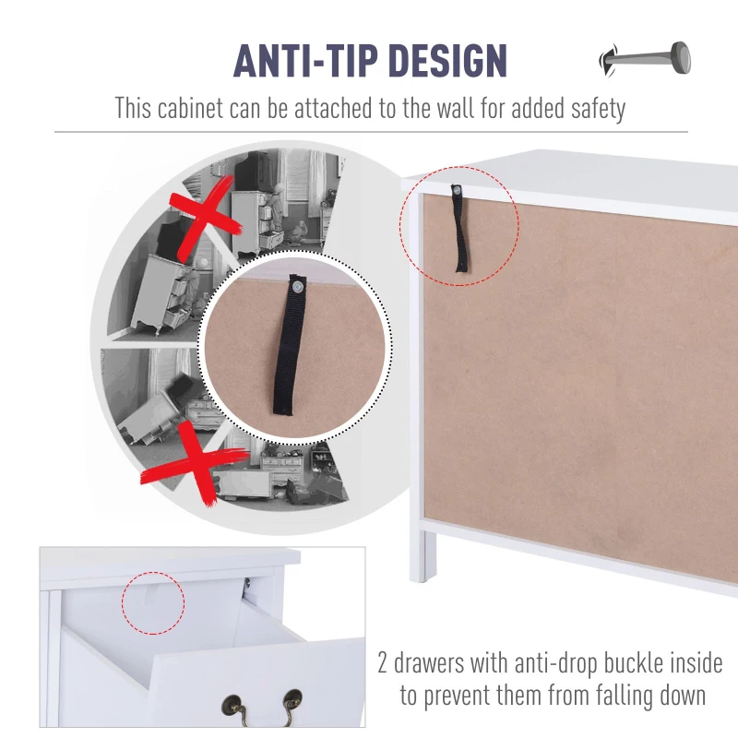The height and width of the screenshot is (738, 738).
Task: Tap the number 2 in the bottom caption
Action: [x=384, y=662]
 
